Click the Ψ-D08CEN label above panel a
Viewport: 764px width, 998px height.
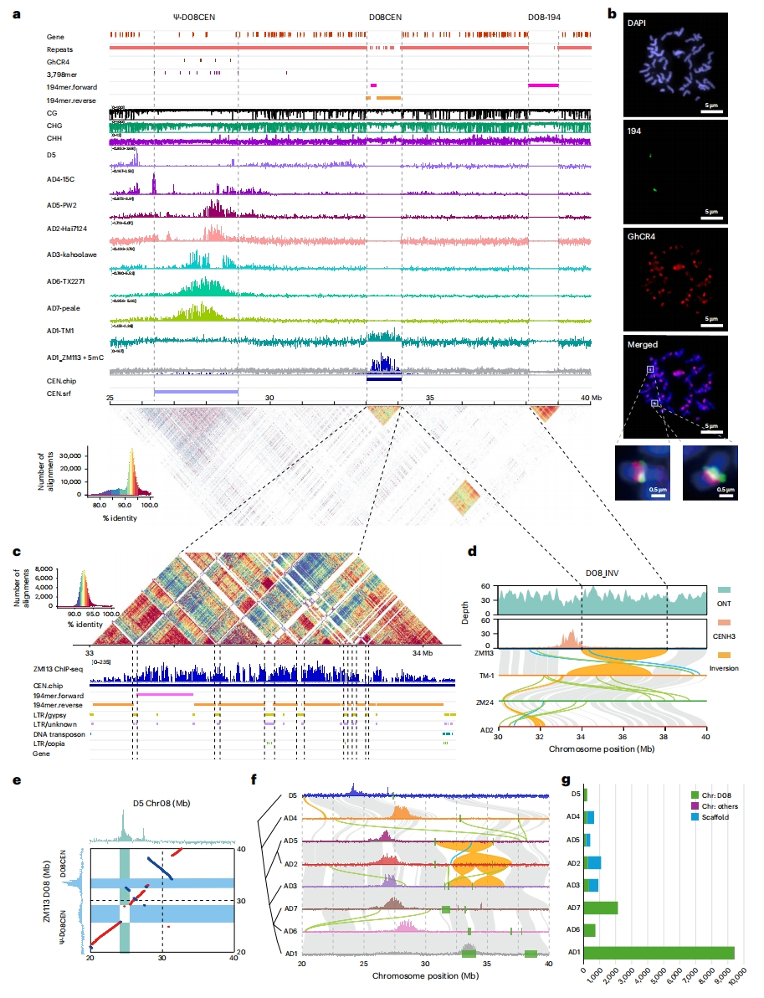195,17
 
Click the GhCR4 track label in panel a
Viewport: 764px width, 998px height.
58,61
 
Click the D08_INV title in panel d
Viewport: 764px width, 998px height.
602,574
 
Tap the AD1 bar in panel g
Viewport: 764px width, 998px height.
659,953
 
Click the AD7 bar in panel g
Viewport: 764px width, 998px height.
601,908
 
